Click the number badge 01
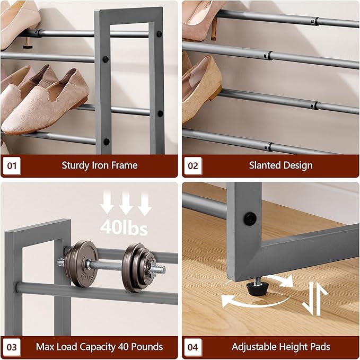pyautogui.click(x=12, y=165)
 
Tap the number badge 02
pyautogui.click(x=193, y=165)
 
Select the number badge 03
pyautogui.click(x=12, y=347)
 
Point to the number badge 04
pyautogui.click(x=193, y=347)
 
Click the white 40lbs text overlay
pyautogui.click(x=124, y=228)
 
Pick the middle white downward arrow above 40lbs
pyautogui.click(x=126, y=203)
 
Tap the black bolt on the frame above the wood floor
pyautogui.click(x=250, y=219)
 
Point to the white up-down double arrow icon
pyautogui.click(x=315, y=298)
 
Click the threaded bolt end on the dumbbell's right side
pyautogui.click(x=157, y=269)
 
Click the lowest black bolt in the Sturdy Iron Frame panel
pyautogui.click(x=107, y=142)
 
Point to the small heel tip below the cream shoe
pyautogui.click(x=28, y=44)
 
